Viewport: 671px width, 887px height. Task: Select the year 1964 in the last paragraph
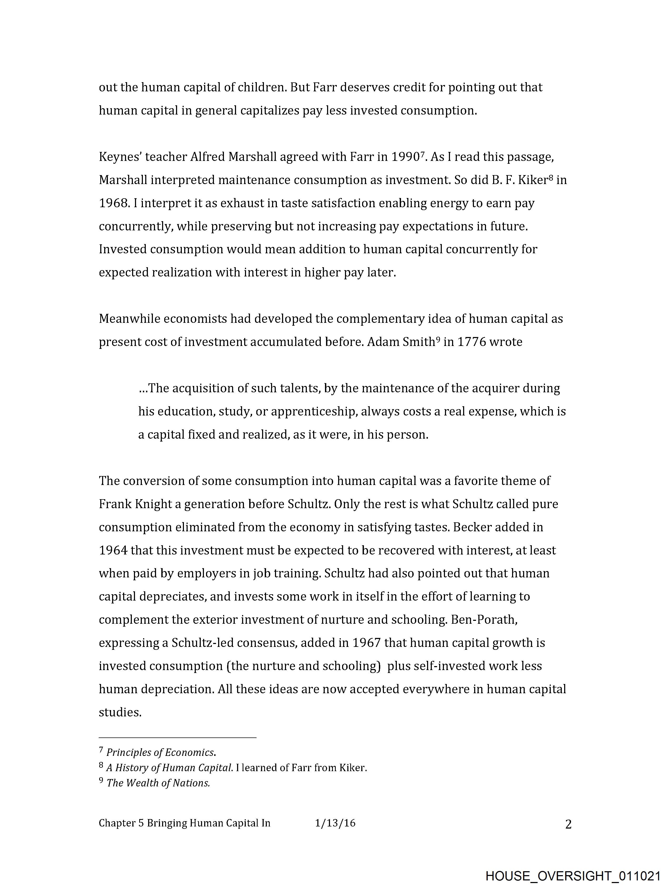113,550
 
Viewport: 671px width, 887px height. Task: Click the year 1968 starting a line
113,203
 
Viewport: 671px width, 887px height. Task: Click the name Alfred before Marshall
207,157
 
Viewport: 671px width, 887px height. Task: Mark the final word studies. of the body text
120,712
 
